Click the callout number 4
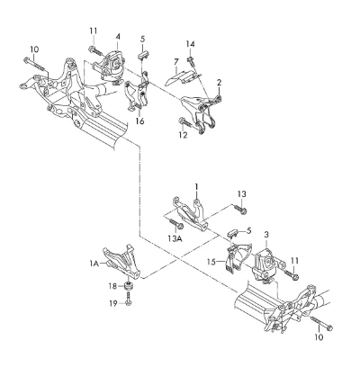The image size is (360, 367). [118, 37]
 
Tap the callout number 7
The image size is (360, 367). [176, 62]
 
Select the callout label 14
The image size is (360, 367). [190, 44]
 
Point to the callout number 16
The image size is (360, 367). [139, 121]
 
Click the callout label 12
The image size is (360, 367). [183, 135]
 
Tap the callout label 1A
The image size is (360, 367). [94, 264]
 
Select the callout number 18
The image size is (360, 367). [112, 286]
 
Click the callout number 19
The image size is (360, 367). [113, 303]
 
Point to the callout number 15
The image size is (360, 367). [211, 262]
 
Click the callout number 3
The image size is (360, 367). [266, 235]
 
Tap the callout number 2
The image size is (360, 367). [220, 83]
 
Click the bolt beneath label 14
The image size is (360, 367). [191, 60]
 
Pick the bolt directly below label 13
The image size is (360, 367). [240, 209]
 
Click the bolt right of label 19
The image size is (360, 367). [129, 300]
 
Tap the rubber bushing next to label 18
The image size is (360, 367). [130, 286]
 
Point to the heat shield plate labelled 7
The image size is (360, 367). [181, 77]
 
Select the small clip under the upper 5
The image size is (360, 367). [144, 56]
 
